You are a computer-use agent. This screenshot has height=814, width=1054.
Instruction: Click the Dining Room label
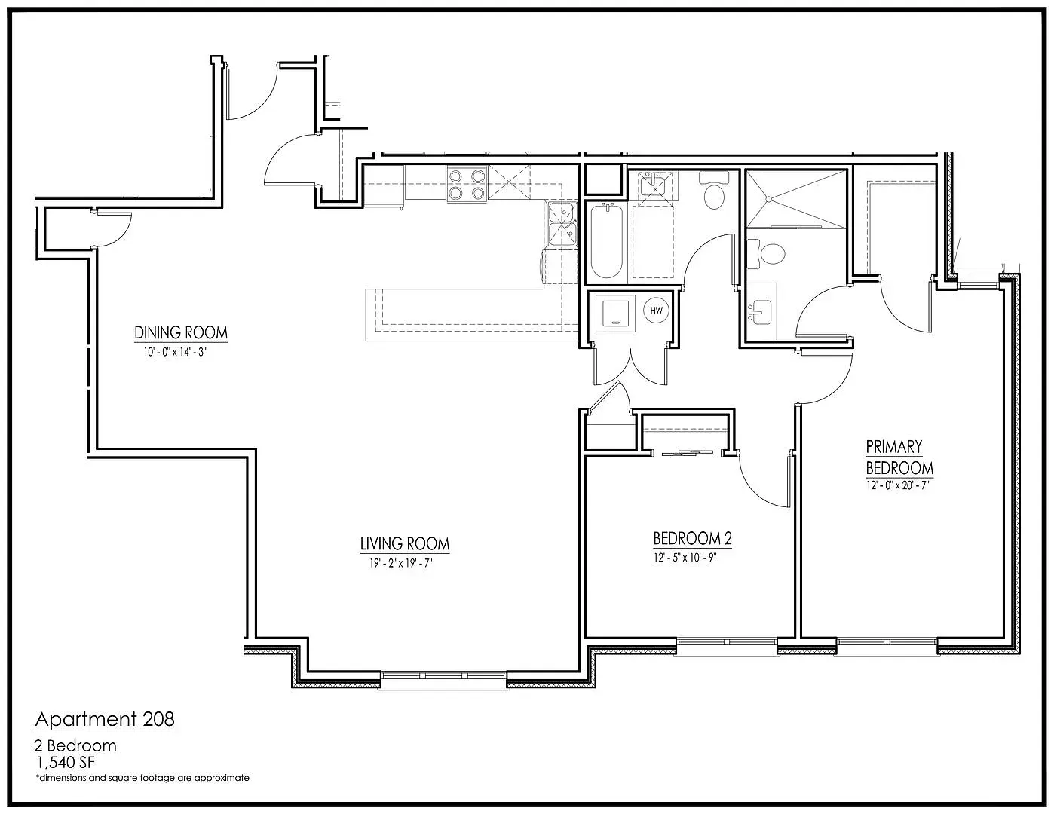point(181,332)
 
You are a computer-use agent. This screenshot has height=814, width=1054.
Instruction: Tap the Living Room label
point(405,543)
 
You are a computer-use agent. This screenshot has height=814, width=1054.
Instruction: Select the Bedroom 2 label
point(692,538)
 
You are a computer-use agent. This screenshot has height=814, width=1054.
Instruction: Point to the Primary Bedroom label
point(899,457)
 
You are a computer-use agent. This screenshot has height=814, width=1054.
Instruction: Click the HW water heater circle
point(656,311)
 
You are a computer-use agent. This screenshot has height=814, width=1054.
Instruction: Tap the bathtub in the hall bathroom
point(606,240)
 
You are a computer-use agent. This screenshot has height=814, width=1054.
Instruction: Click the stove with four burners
point(467,184)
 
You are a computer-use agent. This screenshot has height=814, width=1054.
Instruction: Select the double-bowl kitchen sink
point(562,224)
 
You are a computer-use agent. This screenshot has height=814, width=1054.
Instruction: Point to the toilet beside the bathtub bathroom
point(714,191)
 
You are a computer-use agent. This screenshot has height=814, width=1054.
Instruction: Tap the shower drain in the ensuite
point(769,199)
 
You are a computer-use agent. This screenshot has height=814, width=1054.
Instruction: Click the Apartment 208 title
point(105,720)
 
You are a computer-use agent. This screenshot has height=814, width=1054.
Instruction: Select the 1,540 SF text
point(66,763)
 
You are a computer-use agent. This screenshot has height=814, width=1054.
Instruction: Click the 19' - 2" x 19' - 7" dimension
point(400,563)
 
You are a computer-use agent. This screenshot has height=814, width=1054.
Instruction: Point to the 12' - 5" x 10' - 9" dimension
point(685,558)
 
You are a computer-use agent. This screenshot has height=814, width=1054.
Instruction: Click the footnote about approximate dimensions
point(142,778)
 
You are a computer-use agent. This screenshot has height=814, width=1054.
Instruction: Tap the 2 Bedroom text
point(75,745)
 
